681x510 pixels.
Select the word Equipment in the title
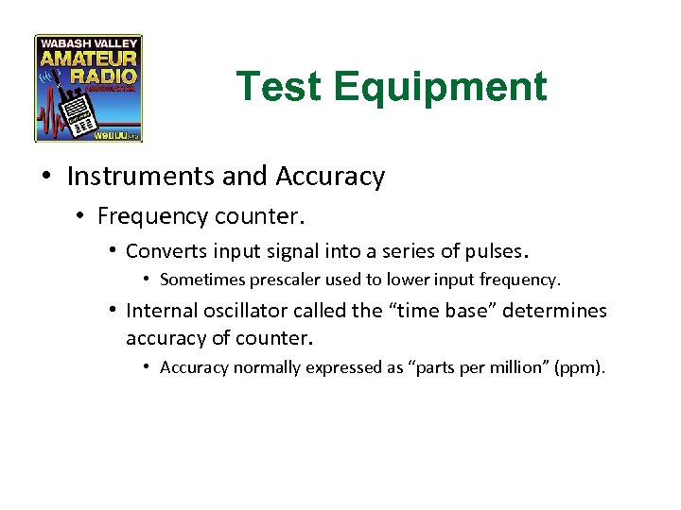440,87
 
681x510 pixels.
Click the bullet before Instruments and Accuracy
47,178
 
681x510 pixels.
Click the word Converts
163,251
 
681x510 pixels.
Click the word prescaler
288,280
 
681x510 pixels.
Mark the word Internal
160,311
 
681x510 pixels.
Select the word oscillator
242,311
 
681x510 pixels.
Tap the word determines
553,311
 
